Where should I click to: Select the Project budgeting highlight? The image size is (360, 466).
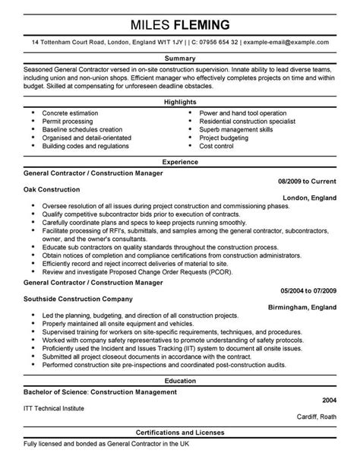coord(224,138)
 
